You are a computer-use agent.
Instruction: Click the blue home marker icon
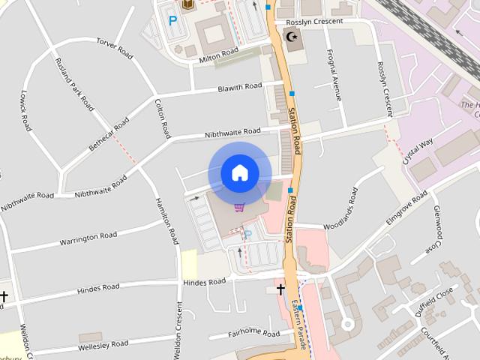(x=239, y=173)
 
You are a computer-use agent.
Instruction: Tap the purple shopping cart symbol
(x=239, y=208)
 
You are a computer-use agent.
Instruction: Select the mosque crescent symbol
(x=292, y=36)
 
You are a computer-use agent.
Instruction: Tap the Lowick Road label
(x=27, y=111)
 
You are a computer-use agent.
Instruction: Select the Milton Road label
(x=218, y=55)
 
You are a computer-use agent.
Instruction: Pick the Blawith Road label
(x=239, y=88)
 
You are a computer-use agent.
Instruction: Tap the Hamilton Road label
(x=166, y=220)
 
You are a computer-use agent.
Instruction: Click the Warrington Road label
(x=88, y=238)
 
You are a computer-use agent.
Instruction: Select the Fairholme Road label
(x=253, y=334)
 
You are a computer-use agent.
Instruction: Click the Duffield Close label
(x=435, y=301)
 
